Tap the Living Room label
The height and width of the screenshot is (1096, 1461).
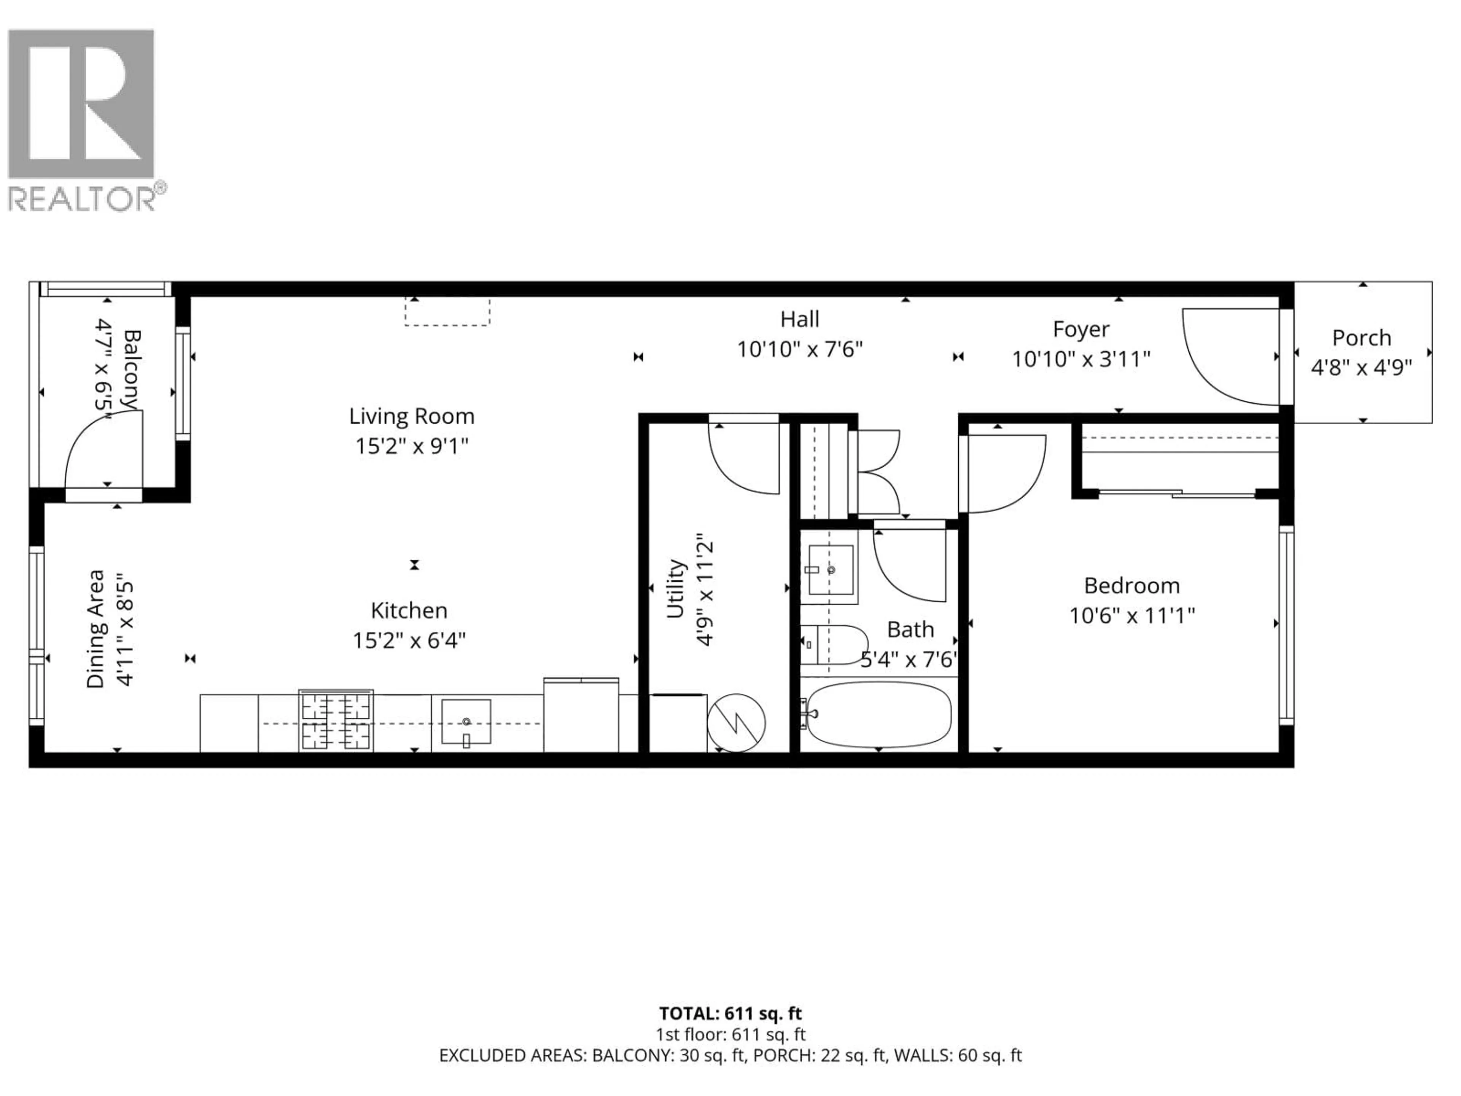click(x=412, y=416)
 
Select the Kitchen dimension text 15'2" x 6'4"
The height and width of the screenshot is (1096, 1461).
click(x=409, y=640)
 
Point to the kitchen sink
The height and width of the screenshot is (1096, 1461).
click(x=466, y=721)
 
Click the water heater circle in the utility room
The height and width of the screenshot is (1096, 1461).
click(x=736, y=722)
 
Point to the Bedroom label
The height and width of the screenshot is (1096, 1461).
click(x=1132, y=585)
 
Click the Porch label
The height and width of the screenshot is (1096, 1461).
click(x=1361, y=338)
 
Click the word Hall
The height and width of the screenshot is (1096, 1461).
click(x=799, y=319)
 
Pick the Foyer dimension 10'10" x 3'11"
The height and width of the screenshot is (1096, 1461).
click(x=1081, y=359)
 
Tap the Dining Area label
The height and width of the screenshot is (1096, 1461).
click(x=96, y=629)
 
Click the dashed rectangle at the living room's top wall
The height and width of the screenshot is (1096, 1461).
click(x=447, y=311)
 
